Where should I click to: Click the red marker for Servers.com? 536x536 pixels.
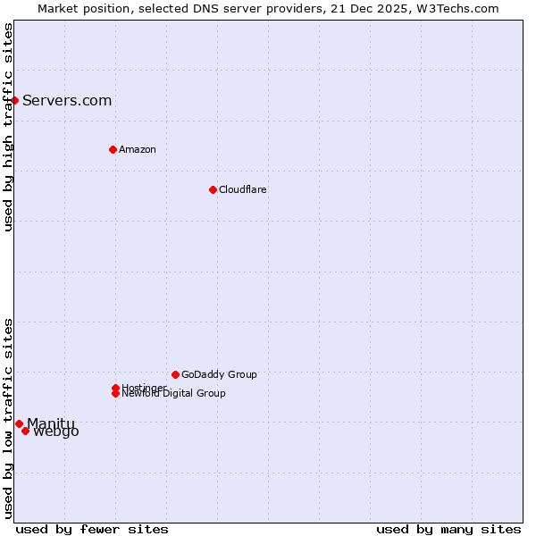tap(15, 100)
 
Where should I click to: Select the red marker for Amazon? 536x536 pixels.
tap(113, 149)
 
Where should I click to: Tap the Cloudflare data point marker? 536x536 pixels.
tap(213, 189)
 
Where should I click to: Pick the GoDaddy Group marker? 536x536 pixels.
tap(175, 374)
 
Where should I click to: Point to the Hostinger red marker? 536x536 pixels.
tap(115, 388)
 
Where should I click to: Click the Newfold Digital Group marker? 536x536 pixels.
tap(115, 393)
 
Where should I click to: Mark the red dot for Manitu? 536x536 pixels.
tap(19, 423)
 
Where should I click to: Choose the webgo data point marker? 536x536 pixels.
tap(25, 431)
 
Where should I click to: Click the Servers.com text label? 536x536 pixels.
tap(67, 100)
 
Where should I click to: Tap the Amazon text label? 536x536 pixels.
tap(137, 149)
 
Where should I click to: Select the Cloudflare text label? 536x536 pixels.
tap(242, 189)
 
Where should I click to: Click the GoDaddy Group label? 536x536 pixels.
tap(219, 374)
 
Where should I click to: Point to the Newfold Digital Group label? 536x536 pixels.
tap(173, 394)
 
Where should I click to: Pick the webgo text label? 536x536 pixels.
tap(56, 432)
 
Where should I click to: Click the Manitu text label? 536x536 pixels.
tap(51, 423)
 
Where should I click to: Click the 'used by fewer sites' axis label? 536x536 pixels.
tap(92, 529)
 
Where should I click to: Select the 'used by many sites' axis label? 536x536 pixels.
tap(448, 529)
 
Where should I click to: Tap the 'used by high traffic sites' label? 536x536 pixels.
tap(8, 127)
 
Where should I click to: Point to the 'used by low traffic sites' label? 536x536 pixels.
tap(8, 418)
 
